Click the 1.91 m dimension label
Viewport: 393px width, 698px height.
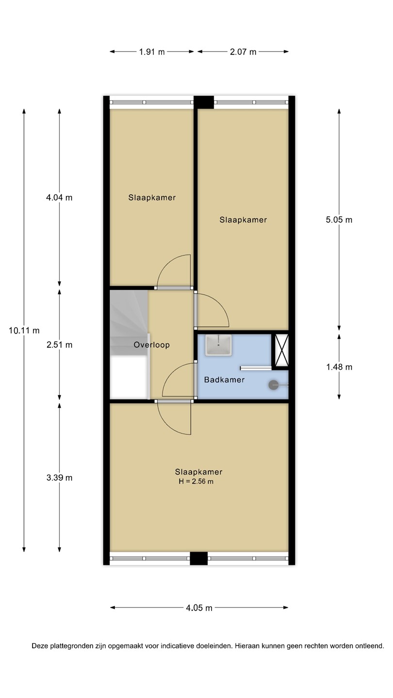(x=152, y=52)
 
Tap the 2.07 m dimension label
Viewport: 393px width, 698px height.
(x=243, y=52)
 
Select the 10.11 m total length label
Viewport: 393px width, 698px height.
(x=24, y=330)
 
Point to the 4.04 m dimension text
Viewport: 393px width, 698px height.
(x=59, y=198)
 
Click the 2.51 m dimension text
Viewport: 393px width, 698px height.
(x=59, y=345)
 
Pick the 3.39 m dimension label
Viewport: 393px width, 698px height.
(x=59, y=478)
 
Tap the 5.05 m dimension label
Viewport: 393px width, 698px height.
(x=339, y=220)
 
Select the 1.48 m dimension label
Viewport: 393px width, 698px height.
(x=339, y=367)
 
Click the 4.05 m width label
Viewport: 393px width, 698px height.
(x=199, y=608)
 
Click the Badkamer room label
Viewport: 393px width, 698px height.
(x=224, y=380)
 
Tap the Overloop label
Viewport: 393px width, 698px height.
(x=151, y=345)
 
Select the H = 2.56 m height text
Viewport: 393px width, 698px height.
(x=196, y=481)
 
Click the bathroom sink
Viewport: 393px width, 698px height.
(x=218, y=345)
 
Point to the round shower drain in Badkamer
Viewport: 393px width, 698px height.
(x=273, y=385)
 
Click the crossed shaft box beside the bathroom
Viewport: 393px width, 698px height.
(x=280, y=350)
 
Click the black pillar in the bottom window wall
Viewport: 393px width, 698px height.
(x=199, y=558)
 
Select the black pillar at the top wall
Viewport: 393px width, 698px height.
(x=204, y=102)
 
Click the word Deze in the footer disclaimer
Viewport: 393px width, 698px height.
(x=39, y=646)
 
